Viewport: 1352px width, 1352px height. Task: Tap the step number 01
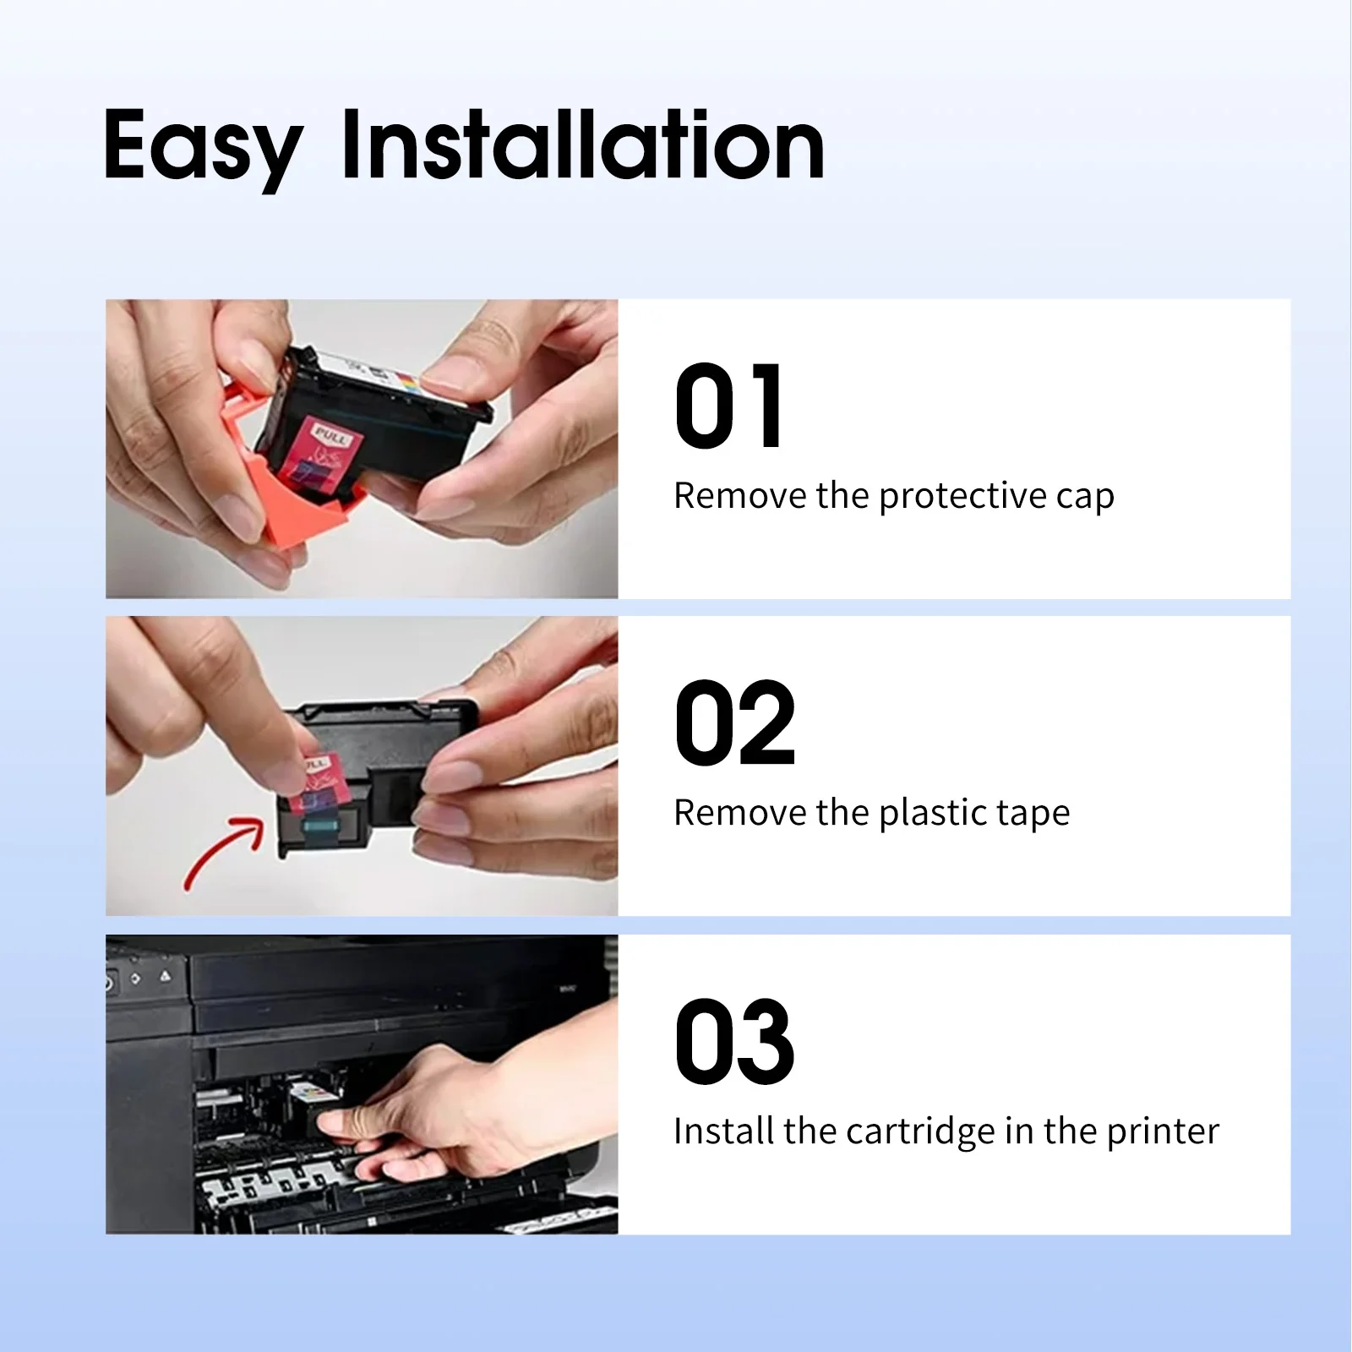(x=729, y=406)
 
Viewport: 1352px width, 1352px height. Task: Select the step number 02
(x=735, y=723)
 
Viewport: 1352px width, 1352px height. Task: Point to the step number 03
(x=734, y=1041)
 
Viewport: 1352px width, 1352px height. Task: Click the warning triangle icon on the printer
(x=165, y=977)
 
